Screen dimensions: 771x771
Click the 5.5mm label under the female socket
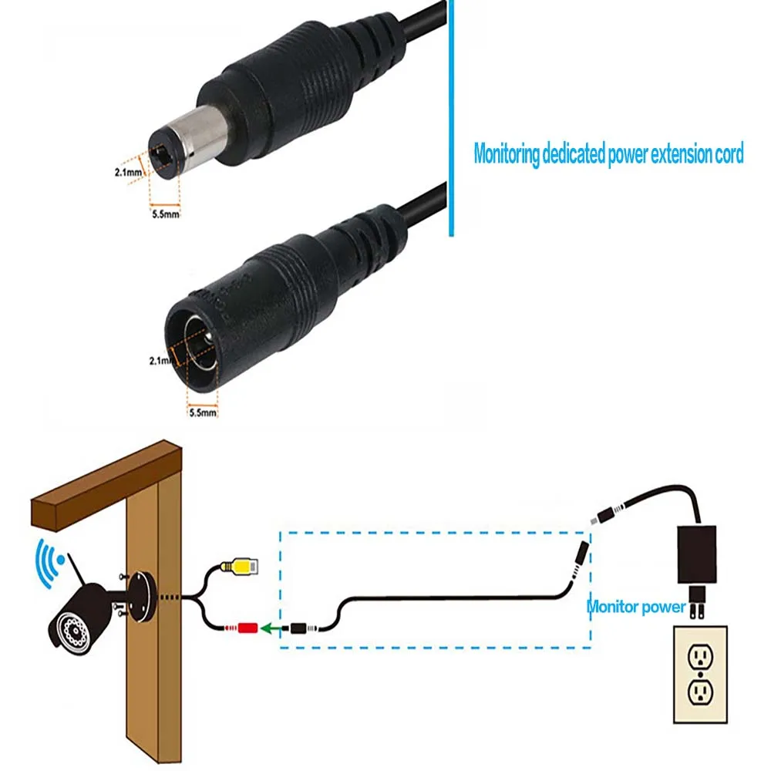[203, 412]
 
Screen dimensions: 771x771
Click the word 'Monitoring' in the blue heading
[506, 154]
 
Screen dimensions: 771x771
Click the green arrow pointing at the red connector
[271, 628]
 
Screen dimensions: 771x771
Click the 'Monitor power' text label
[636, 607]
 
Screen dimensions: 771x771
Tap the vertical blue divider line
[448, 116]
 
